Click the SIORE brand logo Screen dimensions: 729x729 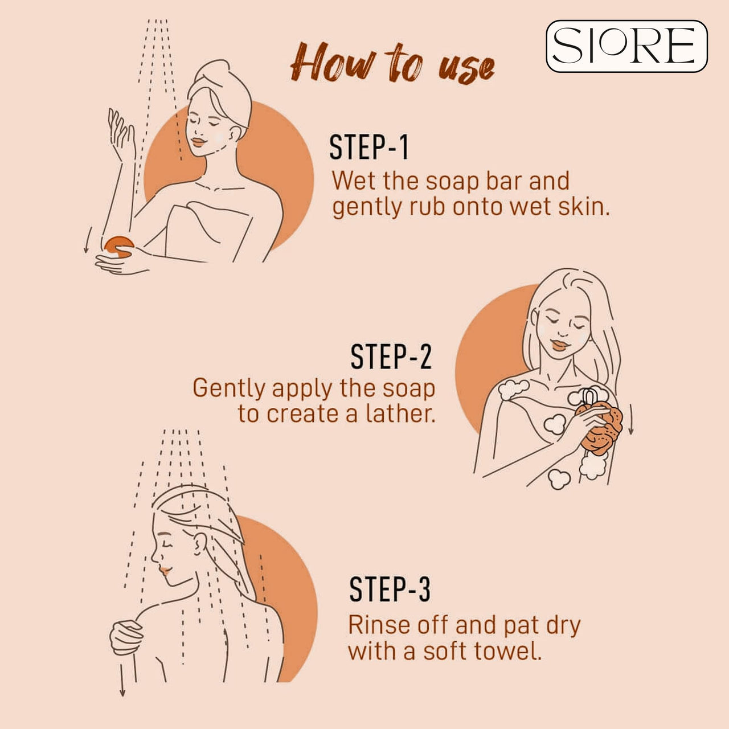626,46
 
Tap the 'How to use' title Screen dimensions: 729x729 392,64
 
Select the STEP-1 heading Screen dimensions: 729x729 369,148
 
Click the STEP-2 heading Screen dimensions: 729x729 391,357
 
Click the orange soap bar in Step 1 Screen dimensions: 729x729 119,246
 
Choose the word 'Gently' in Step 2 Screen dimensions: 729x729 229,389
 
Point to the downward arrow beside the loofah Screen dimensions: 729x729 630,420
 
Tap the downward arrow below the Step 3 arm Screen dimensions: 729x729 122,679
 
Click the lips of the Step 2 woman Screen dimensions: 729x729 558,345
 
